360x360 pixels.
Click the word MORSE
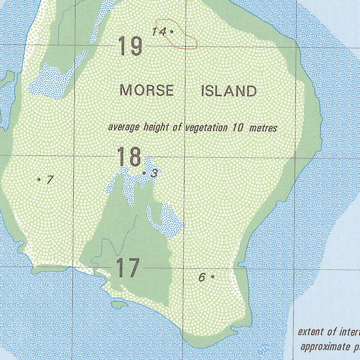tap(147, 91)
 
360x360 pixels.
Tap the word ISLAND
tap(229, 91)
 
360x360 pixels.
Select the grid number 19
tap(130, 46)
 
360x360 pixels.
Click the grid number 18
tap(129, 157)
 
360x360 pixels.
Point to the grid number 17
tap(128, 268)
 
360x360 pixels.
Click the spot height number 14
tap(159, 32)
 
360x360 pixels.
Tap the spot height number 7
tap(50, 180)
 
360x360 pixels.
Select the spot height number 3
tap(154, 173)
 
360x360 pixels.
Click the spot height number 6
tap(202, 277)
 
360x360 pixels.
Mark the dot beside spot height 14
tap(172, 31)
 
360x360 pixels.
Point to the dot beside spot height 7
tap(39, 179)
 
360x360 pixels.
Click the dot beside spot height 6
tap(212, 277)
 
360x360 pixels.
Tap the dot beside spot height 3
tap(144, 173)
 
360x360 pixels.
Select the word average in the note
tap(124, 127)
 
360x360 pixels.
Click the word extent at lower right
tap(310, 332)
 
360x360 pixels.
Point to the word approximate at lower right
tap(323, 347)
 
